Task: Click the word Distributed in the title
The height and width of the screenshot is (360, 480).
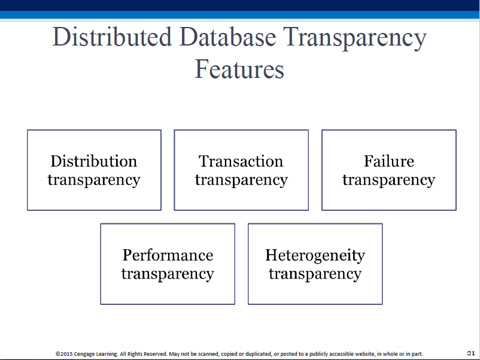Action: (x=112, y=37)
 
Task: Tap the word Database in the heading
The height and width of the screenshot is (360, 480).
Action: (x=228, y=37)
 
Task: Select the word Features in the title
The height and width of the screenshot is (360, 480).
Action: (x=239, y=69)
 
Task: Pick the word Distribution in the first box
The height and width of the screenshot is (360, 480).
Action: (x=94, y=161)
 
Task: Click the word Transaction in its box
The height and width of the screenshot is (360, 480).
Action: (x=241, y=161)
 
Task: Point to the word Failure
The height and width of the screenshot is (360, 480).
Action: (x=389, y=161)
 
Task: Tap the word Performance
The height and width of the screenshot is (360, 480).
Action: (x=168, y=255)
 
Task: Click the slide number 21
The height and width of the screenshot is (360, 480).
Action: (x=471, y=353)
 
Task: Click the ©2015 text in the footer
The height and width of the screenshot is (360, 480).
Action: (x=64, y=354)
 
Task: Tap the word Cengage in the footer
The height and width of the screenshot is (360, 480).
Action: (x=84, y=354)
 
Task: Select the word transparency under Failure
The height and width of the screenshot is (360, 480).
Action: (x=389, y=180)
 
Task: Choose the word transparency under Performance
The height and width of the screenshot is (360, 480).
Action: (x=168, y=274)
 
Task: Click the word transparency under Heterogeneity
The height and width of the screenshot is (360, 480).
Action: (x=315, y=274)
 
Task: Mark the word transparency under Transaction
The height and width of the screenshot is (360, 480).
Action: (x=241, y=180)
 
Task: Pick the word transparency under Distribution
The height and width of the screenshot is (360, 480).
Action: (x=94, y=180)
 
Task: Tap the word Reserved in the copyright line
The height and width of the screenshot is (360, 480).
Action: (x=156, y=354)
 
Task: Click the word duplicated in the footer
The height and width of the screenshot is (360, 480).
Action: (x=259, y=354)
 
